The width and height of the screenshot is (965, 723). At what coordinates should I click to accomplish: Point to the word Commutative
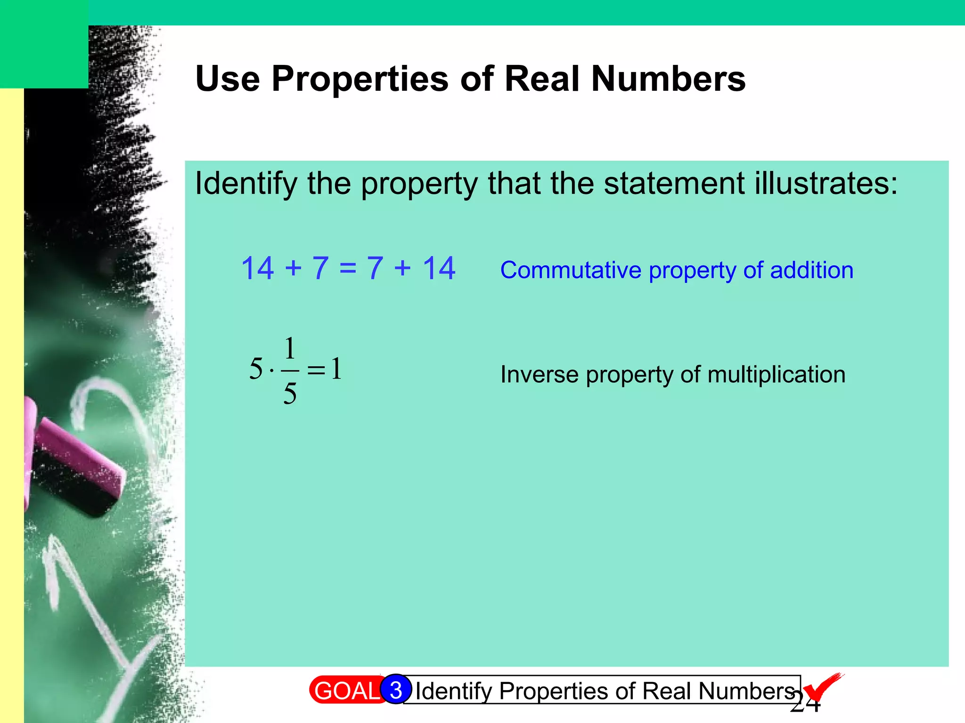click(571, 271)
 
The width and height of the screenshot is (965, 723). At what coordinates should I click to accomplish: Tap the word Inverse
click(539, 375)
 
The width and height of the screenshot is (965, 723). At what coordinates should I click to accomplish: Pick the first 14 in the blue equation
click(257, 268)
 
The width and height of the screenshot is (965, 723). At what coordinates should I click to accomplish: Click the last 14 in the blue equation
click(439, 268)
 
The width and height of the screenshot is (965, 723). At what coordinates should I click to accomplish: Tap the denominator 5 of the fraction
click(290, 394)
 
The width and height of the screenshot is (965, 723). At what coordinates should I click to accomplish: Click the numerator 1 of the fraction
click(290, 349)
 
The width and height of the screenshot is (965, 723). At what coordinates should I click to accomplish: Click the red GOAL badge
click(346, 691)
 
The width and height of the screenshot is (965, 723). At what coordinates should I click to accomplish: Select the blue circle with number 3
click(396, 690)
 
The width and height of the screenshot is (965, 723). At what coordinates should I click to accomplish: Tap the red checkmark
click(822, 687)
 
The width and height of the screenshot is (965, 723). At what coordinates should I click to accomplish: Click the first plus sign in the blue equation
click(293, 268)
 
